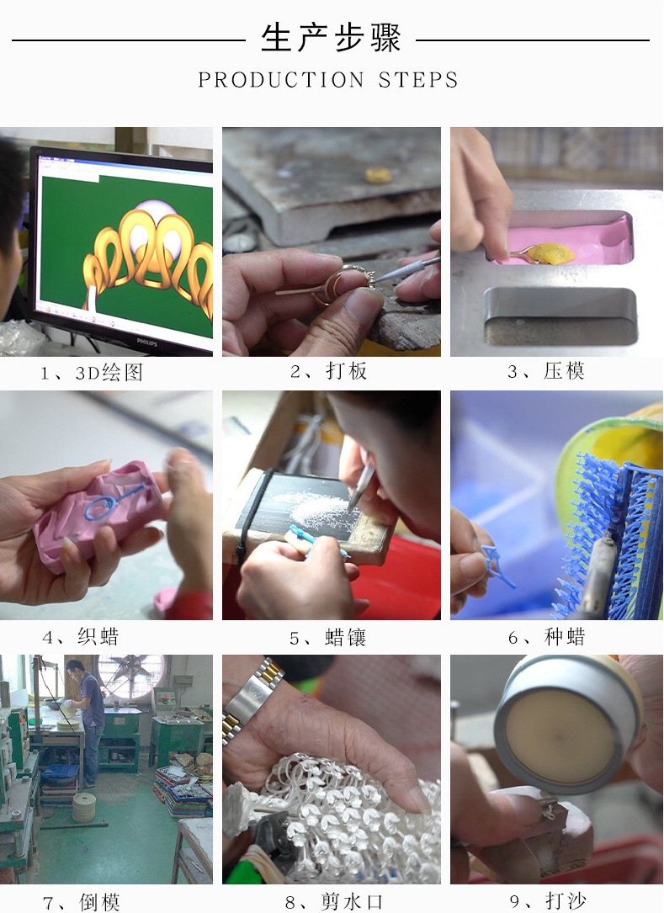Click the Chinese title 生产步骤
(x=331, y=38)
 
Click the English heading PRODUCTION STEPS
(x=329, y=81)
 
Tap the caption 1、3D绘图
(x=93, y=373)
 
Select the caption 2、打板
(x=329, y=372)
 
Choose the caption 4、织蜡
(x=81, y=637)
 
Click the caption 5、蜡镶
(x=329, y=637)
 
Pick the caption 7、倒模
(x=82, y=902)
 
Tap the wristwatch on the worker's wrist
(x=252, y=698)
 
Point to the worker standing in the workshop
(x=89, y=719)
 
